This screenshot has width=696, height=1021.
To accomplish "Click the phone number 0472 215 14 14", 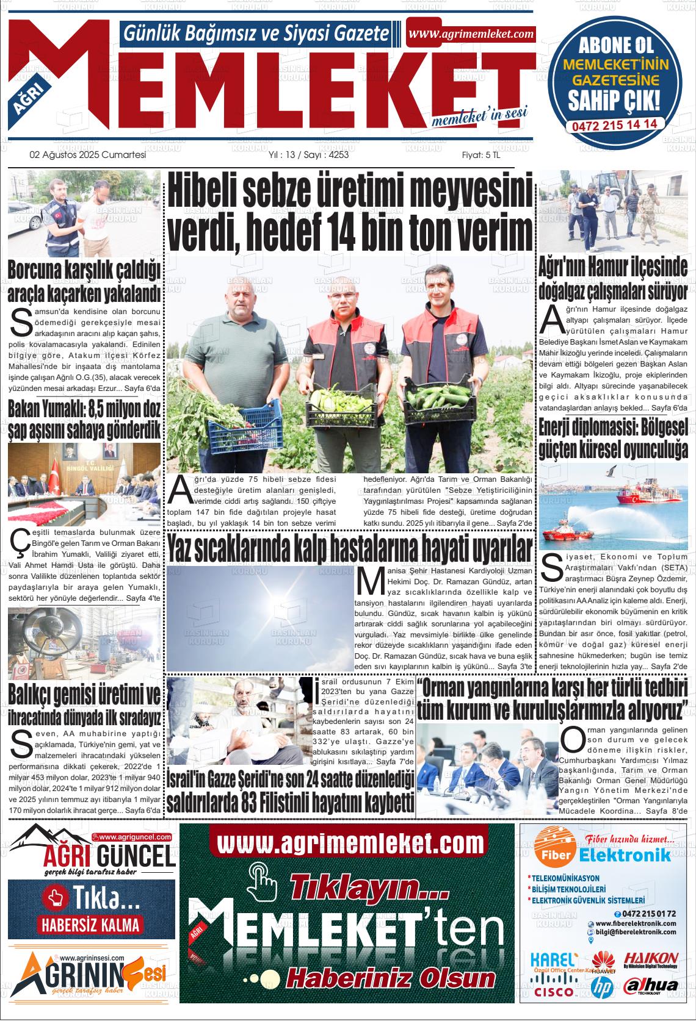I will (614, 123).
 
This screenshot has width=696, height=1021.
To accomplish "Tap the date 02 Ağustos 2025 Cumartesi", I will (88, 155).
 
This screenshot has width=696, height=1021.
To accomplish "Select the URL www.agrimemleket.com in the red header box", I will (471, 35).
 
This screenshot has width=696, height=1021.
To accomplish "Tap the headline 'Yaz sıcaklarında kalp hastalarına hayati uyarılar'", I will (350, 548).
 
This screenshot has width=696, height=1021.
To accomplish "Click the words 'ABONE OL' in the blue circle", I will (615, 45).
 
